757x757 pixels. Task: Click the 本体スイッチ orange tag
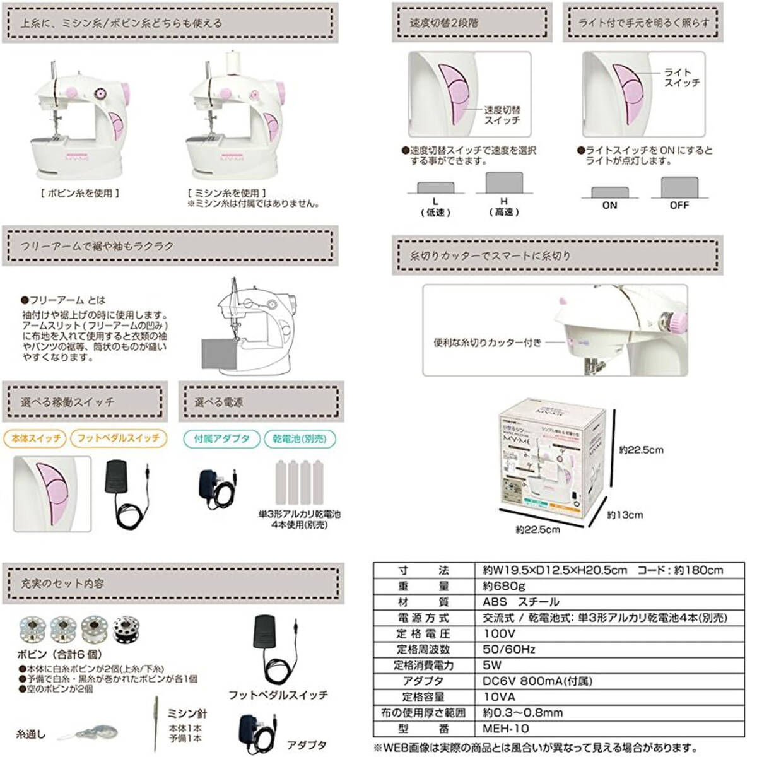tap(36, 438)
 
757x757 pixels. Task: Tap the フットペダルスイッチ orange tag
tap(119, 438)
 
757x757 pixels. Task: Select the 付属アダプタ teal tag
tap(221, 438)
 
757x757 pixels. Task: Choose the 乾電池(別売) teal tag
tap(300, 438)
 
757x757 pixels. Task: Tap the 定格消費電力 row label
tap(424, 665)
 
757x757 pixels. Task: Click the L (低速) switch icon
tap(435, 187)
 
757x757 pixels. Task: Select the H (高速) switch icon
tap(504, 183)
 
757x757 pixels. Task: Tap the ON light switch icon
tap(609, 192)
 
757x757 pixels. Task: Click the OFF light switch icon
tap(679, 187)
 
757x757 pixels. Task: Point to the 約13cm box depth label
tap(625, 515)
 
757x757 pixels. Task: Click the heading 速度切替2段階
tap(444, 23)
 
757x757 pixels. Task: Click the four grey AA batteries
tap(299, 482)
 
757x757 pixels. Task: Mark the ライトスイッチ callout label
tap(681, 78)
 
